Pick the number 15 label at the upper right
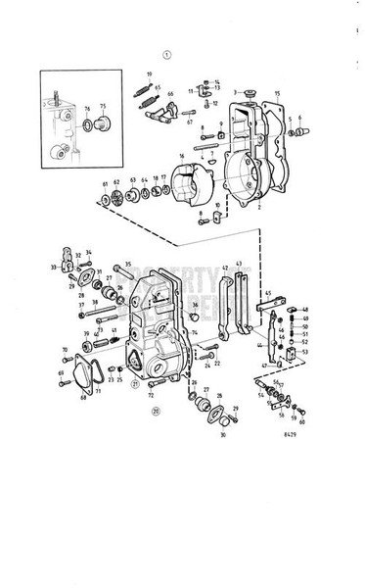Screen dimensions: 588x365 pos(277,93)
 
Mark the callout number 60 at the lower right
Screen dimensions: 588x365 pos(301,422)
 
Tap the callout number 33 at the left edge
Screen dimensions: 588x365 pos(55,267)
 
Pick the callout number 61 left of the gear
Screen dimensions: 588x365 pos(105,183)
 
